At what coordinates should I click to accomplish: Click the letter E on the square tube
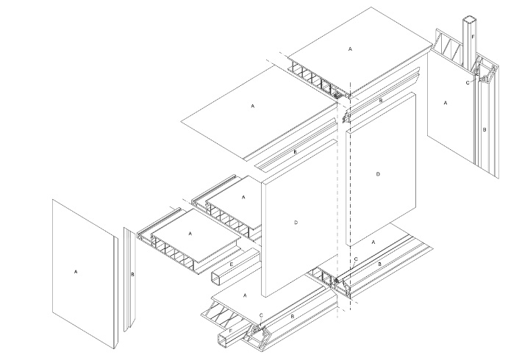[232, 264]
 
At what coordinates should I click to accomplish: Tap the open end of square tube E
[216, 278]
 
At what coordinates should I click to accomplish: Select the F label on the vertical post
[473, 37]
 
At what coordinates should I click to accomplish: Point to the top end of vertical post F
[468, 19]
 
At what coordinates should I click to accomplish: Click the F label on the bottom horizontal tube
[230, 331]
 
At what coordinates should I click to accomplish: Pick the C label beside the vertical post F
[468, 83]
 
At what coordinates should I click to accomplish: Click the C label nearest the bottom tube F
[261, 315]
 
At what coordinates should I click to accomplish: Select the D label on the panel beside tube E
[296, 223]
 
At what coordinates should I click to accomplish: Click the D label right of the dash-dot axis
[378, 174]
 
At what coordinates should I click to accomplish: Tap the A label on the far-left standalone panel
[76, 272]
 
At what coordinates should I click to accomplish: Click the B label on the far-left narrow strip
[132, 275]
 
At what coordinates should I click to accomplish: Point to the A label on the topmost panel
[350, 49]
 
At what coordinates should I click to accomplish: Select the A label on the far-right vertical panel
[446, 103]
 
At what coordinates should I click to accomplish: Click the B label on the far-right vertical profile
[485, 129]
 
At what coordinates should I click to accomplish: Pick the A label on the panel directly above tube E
[190, 234]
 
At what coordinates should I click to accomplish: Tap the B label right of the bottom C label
[293, 317]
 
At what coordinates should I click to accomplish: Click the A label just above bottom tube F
[246, 295]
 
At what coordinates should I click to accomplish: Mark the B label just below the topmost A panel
[381, 100]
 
